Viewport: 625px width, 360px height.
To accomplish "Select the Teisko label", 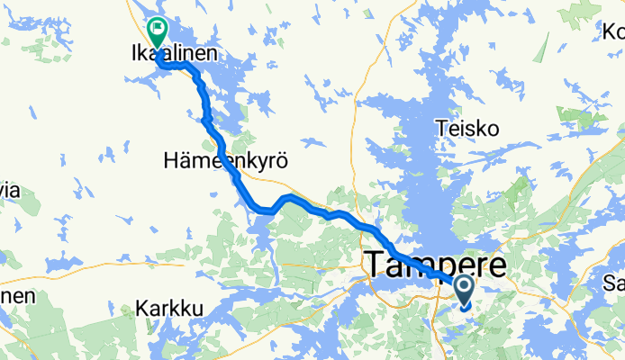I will click(467, 129).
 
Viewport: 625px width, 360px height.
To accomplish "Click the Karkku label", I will click(169, 309).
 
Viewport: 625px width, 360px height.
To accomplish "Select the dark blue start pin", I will click(464, 291).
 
